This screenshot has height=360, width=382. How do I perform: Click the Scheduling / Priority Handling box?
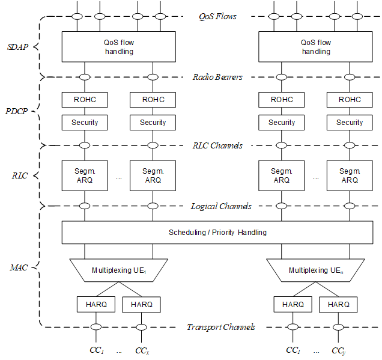pyautogui.click(x=217, y=232)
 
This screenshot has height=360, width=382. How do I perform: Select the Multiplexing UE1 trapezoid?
pyautogui.click(x=119, y=270)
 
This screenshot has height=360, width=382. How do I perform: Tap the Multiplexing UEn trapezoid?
pyautogui.click(x=315, y=270)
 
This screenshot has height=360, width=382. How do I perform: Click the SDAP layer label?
pyautogui.click(x=18, y=47)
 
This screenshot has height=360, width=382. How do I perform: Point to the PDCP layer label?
pyautogui.click(x=17, y=111)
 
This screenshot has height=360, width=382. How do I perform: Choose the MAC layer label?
pyautogui.click(x=19, y=267)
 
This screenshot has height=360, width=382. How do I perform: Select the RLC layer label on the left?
pyautogui.click(x=20, y=175)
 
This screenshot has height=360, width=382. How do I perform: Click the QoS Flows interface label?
pyautogui.click(x=217, y=16)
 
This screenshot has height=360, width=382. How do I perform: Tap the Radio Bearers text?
pyautogui.click(x=217, y=77)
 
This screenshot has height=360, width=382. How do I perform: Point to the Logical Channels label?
pyautogui.click(x=221, y=206)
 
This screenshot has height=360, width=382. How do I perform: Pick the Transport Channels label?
pyautogui.click(x=221, y=327)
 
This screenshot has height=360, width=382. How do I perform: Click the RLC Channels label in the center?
pyautogui.click(x=217, y=145)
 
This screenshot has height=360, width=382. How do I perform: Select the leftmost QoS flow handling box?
pyautogui.click(x=119, y=46)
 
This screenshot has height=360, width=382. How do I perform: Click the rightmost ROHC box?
pyautogui.click(x=350, y=100)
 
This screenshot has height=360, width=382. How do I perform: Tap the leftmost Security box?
pyautogui.click(x=85, y=123)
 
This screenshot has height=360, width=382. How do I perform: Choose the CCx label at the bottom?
pyautogui.click(x=142, y=351)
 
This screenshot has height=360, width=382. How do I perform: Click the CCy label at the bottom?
pyautogui.click(x=338, y=351)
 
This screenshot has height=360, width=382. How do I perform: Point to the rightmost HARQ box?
pyautogui.click(x=338, y=305)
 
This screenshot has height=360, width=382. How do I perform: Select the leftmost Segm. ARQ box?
pyautogui.click(x=85, y=175)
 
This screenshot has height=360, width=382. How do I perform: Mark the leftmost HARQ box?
pyautogui.click(x=96, y=305)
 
